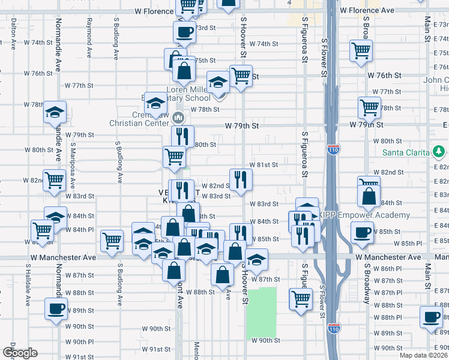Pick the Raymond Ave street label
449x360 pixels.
[89, 37]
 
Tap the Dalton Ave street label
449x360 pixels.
[13, 33]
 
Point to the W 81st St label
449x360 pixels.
[264, 164]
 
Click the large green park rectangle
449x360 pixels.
[262, 312]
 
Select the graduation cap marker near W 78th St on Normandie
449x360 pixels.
[55, 111]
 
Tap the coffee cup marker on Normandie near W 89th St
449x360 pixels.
[56, 309]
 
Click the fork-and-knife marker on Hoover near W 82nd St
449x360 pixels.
[240, 179]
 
